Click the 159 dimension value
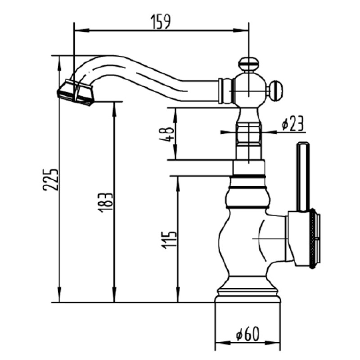tap(161, 22)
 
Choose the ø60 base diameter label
tap(247, 333)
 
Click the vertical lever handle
tap(303, 177)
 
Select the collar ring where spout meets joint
tap(220, 91)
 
